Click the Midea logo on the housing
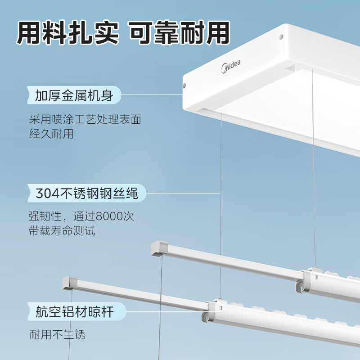pyautogui.click(x=231, y=67)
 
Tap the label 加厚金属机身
pyautogui.click(x=74, y=95)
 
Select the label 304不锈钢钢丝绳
pyautogui.click(x=86, y=193)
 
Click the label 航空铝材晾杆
pyautogui.click(x=75, y=311)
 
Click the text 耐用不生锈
pyautogui.click(x=58, y=334)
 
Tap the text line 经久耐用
pyautogui.click(x=51, y=134)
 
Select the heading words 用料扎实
pyautogui.click(x=68, y=32)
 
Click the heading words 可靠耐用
pyautogui.click(x=179, y=32)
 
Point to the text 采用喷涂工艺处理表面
pyautogui.click(x=85, y=119)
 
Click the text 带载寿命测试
pyautogui.click(x=62, y=230)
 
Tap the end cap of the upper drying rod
pyautogui.click(x=159, y=248)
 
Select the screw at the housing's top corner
pyautogui.click(x=281, y=37)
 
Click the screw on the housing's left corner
pyautogui.click(x=184, y=85)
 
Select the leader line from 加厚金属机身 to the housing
pyautogui.click(x=152, y=94)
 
